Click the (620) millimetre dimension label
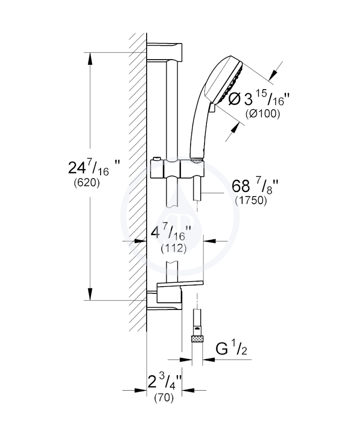coord(87,183)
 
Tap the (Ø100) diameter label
coord(263,113)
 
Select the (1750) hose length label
coord(251,200)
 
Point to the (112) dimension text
coord(174,248)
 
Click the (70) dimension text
coord(164,398)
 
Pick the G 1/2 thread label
coord(231,348)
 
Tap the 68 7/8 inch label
coord(255,186)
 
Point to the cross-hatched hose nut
coord(197,339)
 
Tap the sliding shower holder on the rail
coord(177,168)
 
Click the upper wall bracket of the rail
coord(164,52)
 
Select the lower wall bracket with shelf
coord(175,295)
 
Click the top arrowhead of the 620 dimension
coord(90,58)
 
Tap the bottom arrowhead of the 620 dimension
coord(90,294)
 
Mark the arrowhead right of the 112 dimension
coord(210,241)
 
